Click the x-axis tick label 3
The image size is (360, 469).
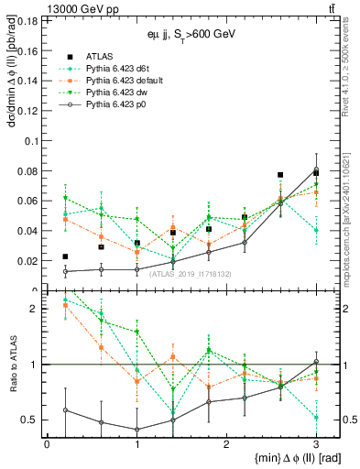coord(316,443)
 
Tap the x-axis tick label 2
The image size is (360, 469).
coord(226,443)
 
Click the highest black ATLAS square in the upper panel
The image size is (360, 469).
coord(316,172)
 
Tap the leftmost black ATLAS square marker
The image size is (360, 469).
coord(65,256)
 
